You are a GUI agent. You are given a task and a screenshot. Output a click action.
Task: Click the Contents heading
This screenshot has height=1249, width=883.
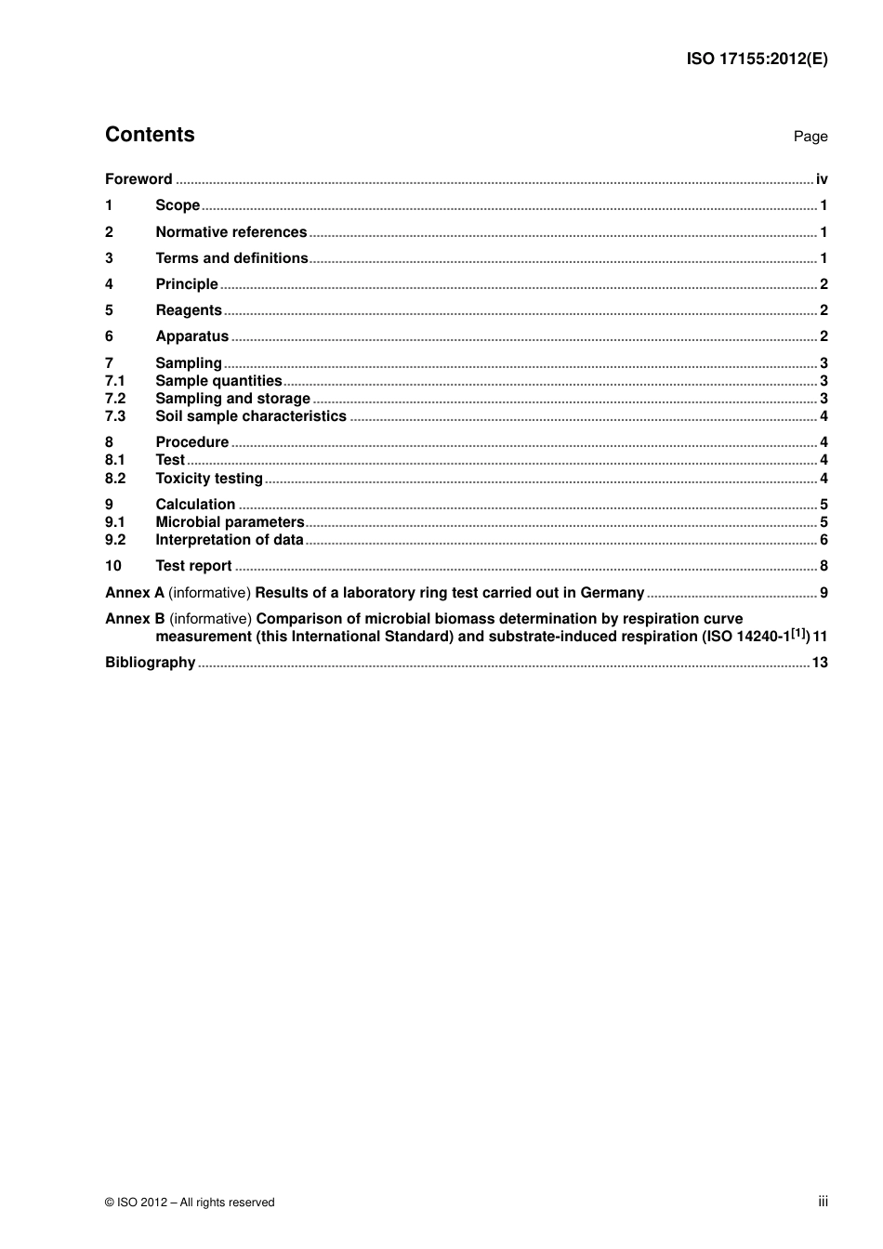pyautogui.click(x=150, y=135)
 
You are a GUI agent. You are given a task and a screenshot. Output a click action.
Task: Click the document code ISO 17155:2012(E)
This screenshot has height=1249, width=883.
pyautogui.click(x=757, y=59)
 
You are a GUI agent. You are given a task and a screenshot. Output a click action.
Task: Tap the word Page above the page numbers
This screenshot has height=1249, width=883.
pyautogui.click(x=810, y=137)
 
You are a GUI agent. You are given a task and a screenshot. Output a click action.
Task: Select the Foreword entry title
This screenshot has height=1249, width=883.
pyautogui.click(x=138, y=179)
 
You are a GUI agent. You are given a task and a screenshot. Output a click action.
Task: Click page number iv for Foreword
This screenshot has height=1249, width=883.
pyautogui.click(x=822, y=179)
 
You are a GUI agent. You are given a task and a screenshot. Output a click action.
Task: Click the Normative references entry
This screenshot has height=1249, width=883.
pyautogui.click(x=231, y=232)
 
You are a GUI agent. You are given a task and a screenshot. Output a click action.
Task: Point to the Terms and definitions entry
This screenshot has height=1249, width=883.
pyautogui.click(x=231, y=258)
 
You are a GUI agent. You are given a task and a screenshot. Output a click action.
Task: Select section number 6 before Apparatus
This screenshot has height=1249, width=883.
pyautogui.click(x=109, y=336)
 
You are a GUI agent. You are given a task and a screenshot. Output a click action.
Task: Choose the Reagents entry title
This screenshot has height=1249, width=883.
pyautogui.click(x=189, y=310)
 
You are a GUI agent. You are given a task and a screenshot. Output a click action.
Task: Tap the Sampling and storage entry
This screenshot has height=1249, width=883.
pyautogui.click(x=232, y=399)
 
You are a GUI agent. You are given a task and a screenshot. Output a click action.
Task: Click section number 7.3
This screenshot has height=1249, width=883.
pyautogui.click(x=114, y=416)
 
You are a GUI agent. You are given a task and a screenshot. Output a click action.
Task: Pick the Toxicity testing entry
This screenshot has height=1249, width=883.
pyautogui.click(x=209, y=479)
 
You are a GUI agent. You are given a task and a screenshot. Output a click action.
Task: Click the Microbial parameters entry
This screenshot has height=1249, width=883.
pyautogui.click(x=230, y=522)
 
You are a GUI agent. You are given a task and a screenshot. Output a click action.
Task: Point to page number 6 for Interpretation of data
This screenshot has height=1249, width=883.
pyautogui.click(x=824, y=540)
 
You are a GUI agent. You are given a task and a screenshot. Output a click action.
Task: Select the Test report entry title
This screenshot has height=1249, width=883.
pyautogui.click(x=193, y=566)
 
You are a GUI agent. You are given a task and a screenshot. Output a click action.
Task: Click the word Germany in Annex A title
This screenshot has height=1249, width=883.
pyautogui.click(x=612, y=593)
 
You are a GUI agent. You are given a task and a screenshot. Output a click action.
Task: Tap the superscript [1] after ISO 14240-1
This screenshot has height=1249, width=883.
pyautogui.click(x=799, y=634)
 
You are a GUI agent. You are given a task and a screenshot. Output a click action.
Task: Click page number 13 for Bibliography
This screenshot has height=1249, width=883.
pyautogui.click(x=820, y=663)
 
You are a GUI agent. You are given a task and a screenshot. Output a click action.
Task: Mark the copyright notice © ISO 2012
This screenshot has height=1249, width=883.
pyautogui.click(x=190, y=1203)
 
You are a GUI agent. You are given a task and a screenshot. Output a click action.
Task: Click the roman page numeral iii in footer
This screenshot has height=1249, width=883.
pyautogui.click(x=823, y=1202)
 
